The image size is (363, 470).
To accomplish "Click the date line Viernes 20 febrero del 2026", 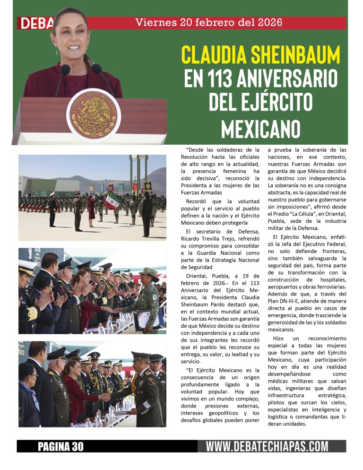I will (208, 22).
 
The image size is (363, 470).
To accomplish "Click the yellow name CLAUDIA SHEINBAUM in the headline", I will (260, 55).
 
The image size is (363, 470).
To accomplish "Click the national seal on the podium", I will (93, 115).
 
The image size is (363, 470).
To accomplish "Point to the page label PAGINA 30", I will (60, 446).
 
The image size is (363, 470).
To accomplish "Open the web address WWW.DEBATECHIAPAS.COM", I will (267, 446).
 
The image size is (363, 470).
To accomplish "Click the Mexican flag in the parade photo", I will (112, 200).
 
